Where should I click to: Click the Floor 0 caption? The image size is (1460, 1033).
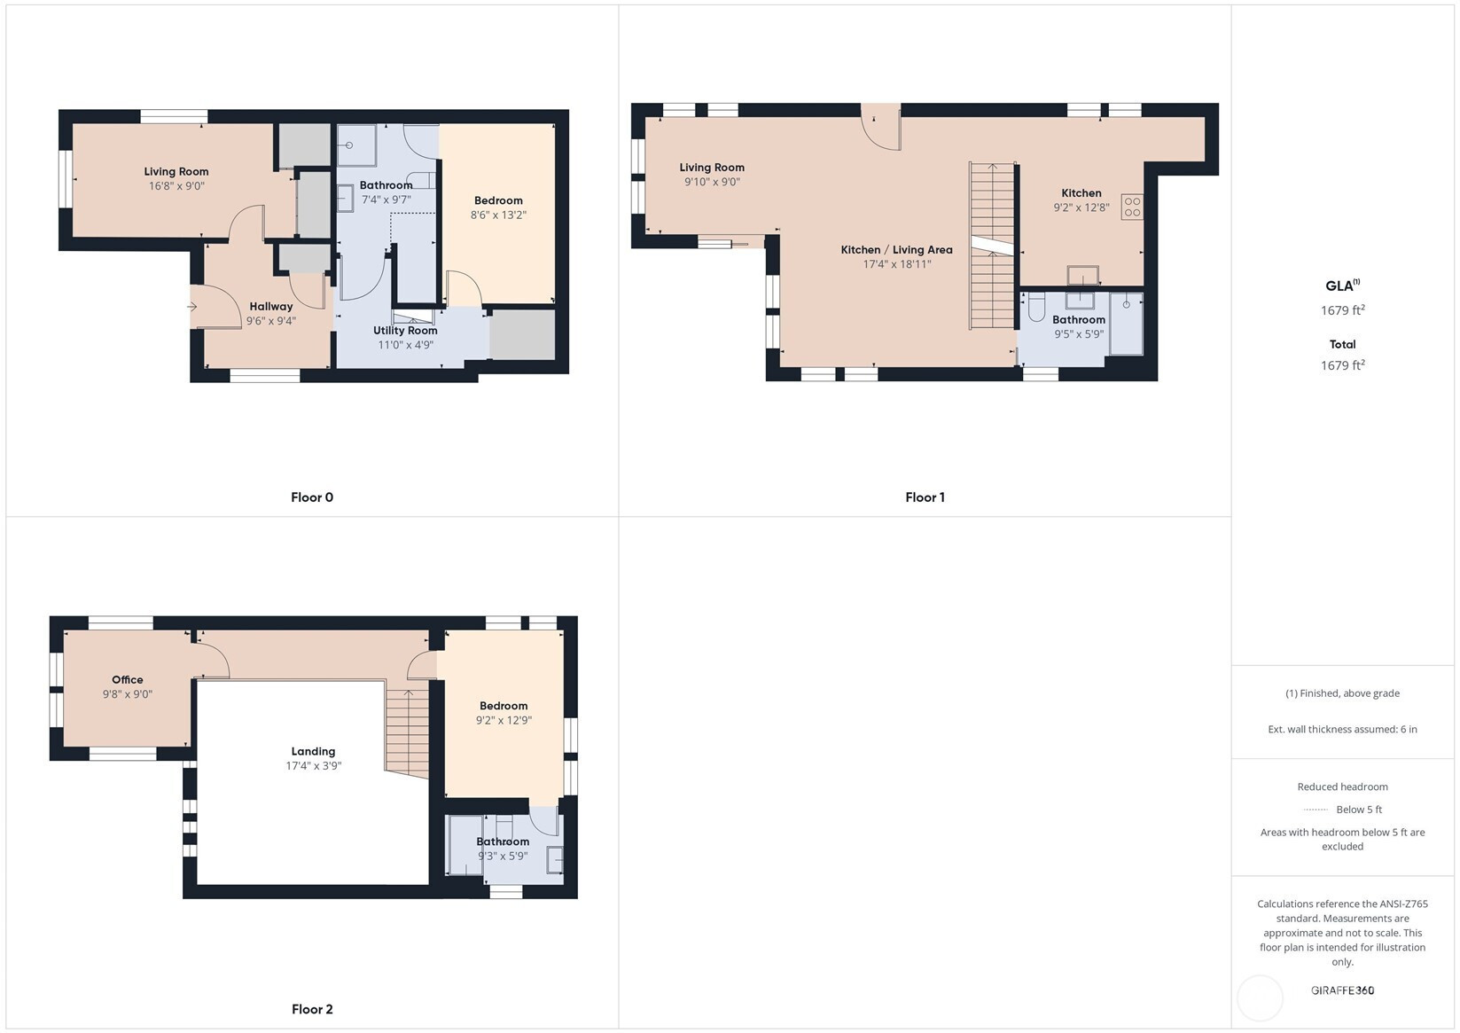pyautogui.click(x=311, y=497)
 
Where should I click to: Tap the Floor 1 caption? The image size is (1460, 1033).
pyautogui.click(x=925, y=497)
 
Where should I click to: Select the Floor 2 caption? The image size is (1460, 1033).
pyautogui.click(x=312, y=1009)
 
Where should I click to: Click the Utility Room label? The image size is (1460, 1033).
pyautogui.click(x=405, y=330)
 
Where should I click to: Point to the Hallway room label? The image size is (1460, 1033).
pyautogui.click(x=271, y=307)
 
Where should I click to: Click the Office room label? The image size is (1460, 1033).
pyautogui.click(x=127, y=679)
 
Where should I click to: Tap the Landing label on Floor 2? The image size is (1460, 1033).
pyautogui.click(x=313, y=751)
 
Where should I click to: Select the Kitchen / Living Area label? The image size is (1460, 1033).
pyautogui.click(x=896, y=250)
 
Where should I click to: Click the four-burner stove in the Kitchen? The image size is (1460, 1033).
pyautogui.click(x=1132, y=207)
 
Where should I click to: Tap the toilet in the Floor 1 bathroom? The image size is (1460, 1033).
pyautogui.click(x=1036, y=308)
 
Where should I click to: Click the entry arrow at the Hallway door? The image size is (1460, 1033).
pyautogui.click(x=192, y=307)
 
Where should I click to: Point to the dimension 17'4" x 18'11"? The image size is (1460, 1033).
pyautogui.click(x=897, y=264)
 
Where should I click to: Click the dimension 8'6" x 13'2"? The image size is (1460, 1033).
pyautogui.click(x=498, y=215)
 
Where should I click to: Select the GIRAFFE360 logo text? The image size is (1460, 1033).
pyautogui.click(x=1342, y=990)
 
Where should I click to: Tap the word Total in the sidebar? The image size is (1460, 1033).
pyautogui.click(x=1342, y=344)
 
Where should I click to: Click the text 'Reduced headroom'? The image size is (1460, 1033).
pyautogui.click(x=1342, y=786)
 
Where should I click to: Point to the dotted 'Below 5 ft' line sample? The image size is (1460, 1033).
pyautogui.click(x=1316, y=810)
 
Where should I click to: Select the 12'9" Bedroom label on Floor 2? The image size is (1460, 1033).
pyautogui.click(x=504, y=706)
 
